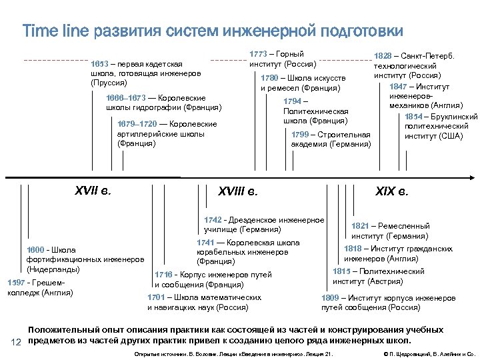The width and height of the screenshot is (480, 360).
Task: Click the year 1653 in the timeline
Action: pyautogui.click(x=99, y=63)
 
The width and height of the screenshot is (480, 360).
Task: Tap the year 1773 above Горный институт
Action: pyautogui.click(x=258, y=54)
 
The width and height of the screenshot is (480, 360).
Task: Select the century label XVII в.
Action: pyautogui.click(x=93, y=191)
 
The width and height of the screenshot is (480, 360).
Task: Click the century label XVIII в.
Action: pyautogui.click(x=237, y=192)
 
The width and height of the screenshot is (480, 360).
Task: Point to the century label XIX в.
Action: pyautogui.click(x=392, y=192)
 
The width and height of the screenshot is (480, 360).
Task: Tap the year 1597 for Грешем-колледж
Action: pyautogui.click(x=15, y=282)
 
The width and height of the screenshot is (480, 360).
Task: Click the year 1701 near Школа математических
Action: pyautogui.click(x=155, y=297)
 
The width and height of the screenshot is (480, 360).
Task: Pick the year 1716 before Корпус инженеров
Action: pyautogui.click(x=163, y=275)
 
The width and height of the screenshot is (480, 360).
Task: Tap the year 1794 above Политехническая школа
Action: pyautogui.click(x=291, y=101)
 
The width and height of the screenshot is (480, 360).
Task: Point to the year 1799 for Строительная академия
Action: pyautogui.click(x=301, y=135)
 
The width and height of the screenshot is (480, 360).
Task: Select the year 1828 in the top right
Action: pyautogui.click(x=383, y=57)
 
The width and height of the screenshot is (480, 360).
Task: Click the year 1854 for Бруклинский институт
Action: pyautogui.click(x=413, y=117)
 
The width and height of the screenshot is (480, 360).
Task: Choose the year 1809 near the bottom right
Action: pyautogui.click(x=330, y=298)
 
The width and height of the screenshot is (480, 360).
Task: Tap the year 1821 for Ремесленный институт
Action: pyautogui.click(x=360, y=226)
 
